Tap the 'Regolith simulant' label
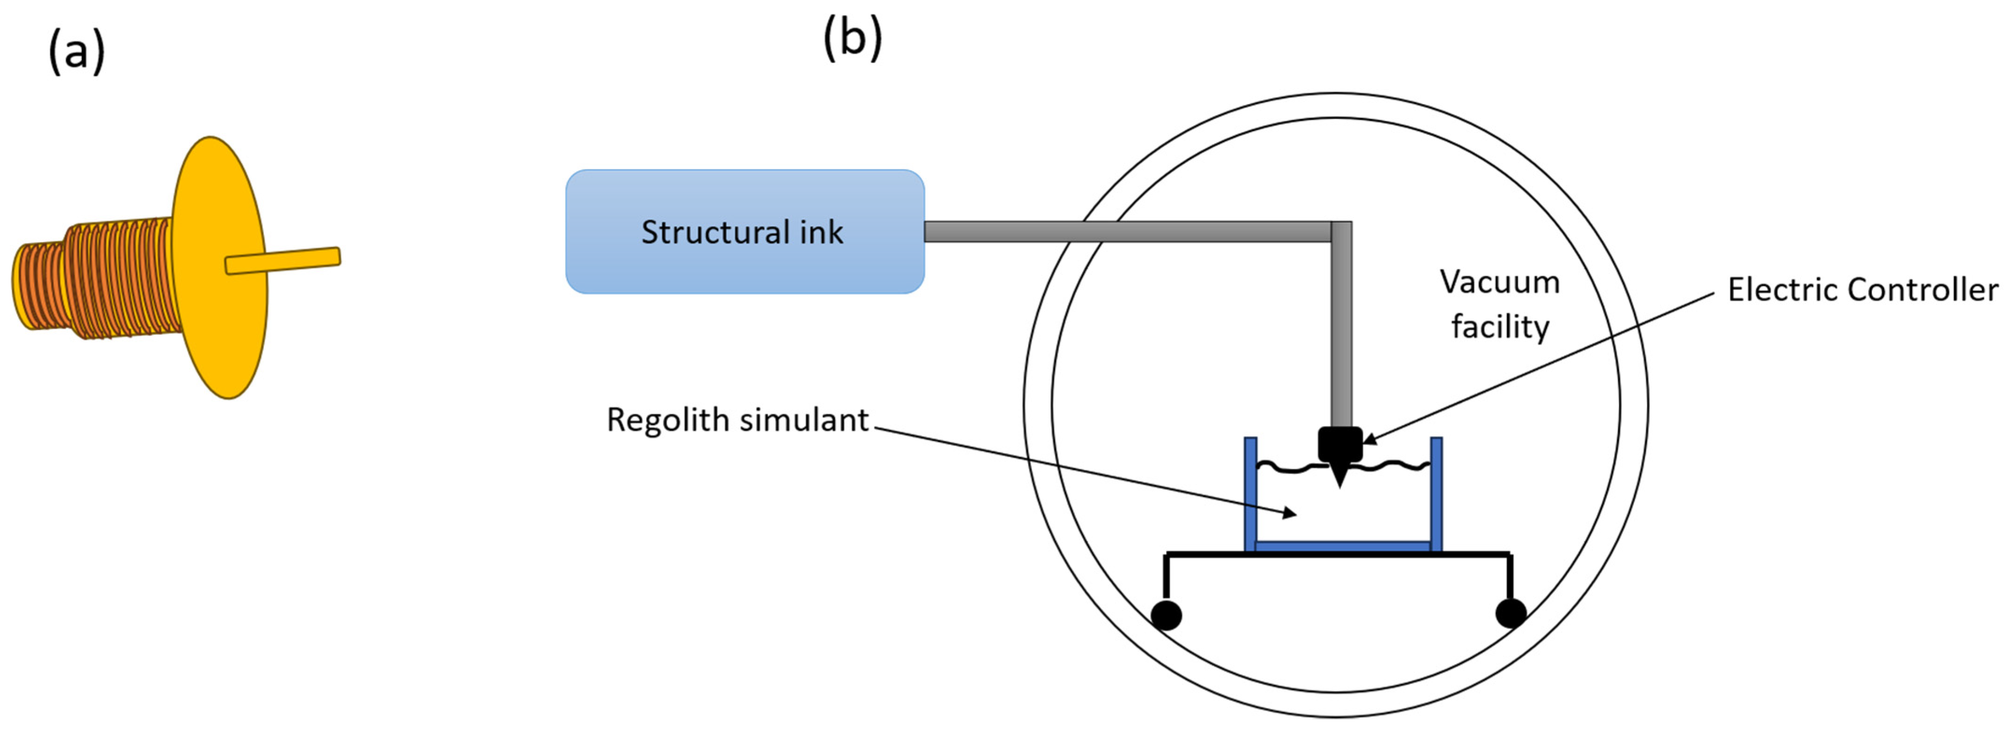[737, 420]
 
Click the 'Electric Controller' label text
[1862, 290]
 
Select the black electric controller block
[1340, 443]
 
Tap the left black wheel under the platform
[1166, 614]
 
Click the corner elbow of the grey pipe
[1340, 232]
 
